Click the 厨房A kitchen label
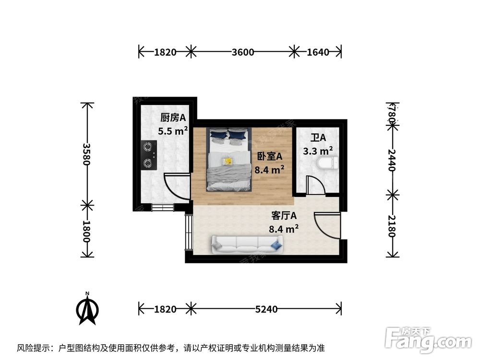pyautogui.click(x=173, y=117)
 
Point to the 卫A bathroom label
pyautogui.click(x=318, y=138)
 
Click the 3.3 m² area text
pyautogui.click(x=318, y=151)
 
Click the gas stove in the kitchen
pyautogui.click(x=149, y=155)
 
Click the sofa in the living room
pyautogui.click(x=247, y=245)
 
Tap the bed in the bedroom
pyautogui.click(x=229, y=158)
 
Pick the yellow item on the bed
pyautogui.click(x=228, y=160)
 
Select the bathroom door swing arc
pyautogui.click(x=315, y=185)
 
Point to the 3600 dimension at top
pyautogui.click(x=242, y=52)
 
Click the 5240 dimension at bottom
pyautogui.click(x=266, y=309)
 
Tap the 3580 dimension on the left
pyautogui.click(x=86, y=154)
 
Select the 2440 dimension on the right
pyautogui.click(x=393, y=160)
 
